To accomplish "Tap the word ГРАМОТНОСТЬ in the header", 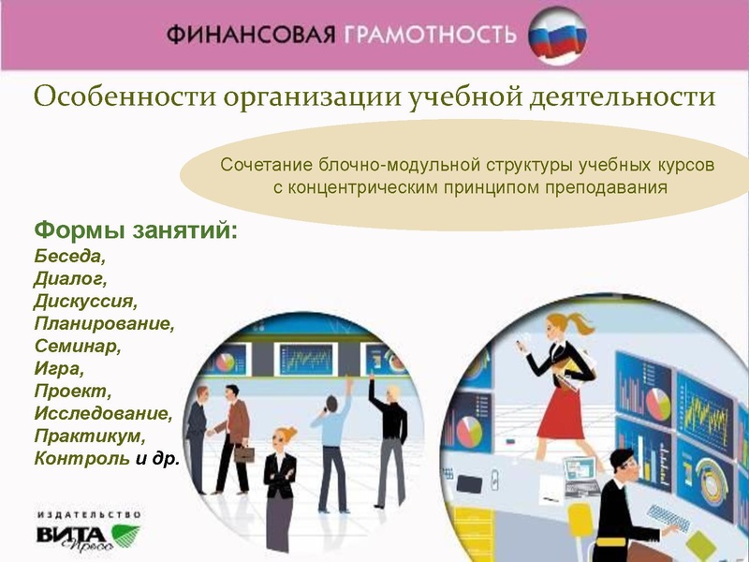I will (x=429, y=36).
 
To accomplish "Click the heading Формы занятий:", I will (x=136, y=229).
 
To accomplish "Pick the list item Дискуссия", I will (x=85, y=302).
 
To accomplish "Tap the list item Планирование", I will (x=104, y=324).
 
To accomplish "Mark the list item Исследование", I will (x=103, y=414).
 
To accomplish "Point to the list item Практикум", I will (x=90, y=436).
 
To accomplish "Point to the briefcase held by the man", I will (x=243, y=454).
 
